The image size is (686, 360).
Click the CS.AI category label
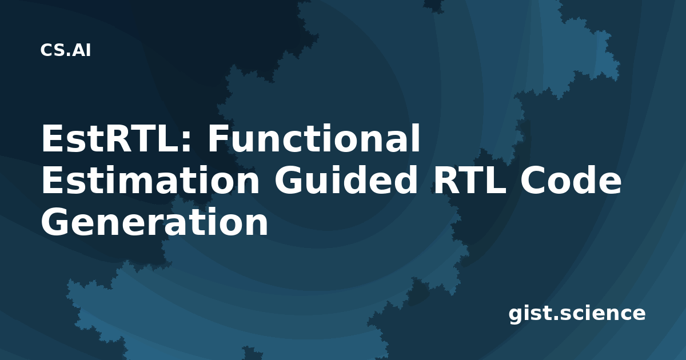[66, 50]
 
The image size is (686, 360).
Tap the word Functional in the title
[314, 138]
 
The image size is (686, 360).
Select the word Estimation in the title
[150, 180]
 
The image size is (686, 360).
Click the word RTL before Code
[470, 180]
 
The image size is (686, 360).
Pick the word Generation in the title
[155, 222]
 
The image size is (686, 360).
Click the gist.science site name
[577, 314]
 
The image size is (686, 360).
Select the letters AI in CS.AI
[82, 50]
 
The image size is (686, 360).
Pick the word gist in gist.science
[529, 314]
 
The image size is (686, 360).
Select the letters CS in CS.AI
[52, 50]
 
